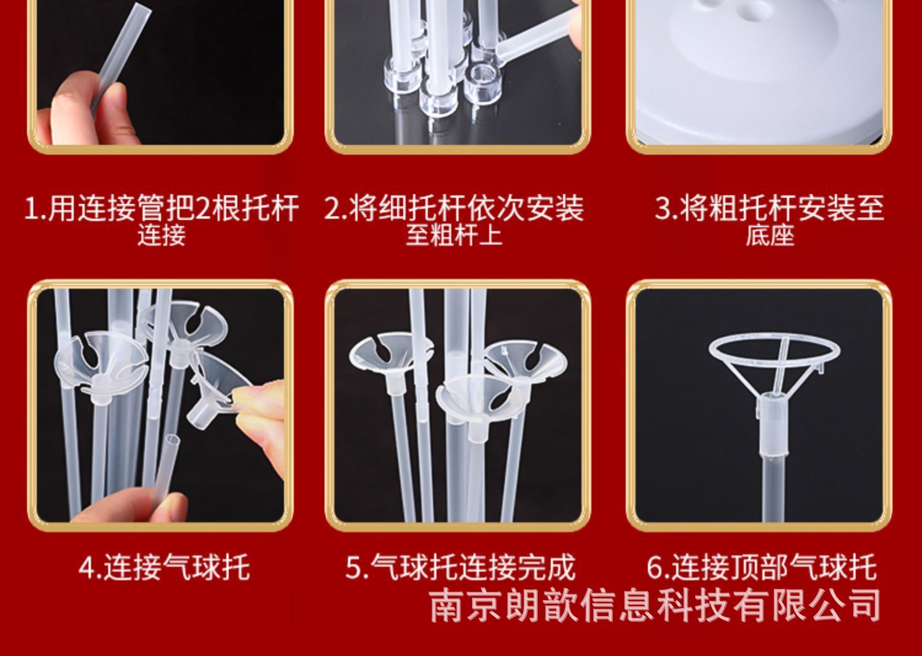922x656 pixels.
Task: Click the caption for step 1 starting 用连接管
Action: [161, 220]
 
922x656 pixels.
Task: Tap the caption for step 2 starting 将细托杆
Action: [454, 220]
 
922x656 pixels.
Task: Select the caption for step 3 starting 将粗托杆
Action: [770, 220]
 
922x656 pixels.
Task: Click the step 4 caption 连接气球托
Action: [164, 567]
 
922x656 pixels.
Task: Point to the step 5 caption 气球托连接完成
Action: [460, 567]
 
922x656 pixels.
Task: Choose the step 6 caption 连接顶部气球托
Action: [762, 567]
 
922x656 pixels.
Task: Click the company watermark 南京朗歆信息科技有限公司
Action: [655, 606]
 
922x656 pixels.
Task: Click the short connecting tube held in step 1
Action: [122, 58]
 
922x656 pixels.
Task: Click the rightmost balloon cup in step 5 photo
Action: [526, 362]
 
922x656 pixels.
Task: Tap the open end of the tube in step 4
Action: [173, 441]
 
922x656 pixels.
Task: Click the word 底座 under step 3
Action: [770, 235]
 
